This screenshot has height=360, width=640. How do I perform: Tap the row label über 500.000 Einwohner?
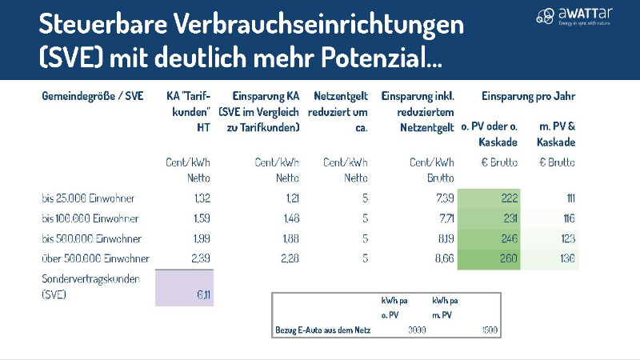coord(96,258)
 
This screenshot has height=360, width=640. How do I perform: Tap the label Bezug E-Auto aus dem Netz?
coord(318,330)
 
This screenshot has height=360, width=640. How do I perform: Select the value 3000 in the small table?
coord(417,330)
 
